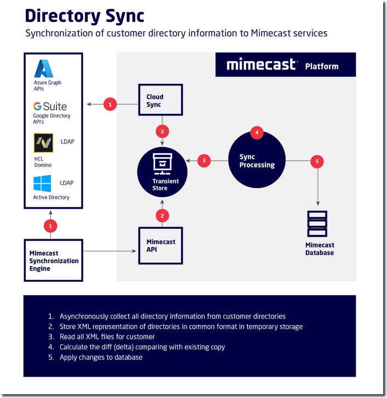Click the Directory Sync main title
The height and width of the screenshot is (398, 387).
84,15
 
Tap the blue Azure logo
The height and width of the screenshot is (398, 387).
44,68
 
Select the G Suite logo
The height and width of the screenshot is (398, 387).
50,106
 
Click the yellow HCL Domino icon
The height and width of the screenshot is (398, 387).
43,143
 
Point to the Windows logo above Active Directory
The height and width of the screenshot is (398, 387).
42,183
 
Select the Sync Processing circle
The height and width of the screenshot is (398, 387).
257,160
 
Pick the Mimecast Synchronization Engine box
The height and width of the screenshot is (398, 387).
53,261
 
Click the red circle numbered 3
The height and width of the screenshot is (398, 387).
204,160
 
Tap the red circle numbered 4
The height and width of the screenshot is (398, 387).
257,132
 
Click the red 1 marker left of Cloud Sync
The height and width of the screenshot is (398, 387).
110,103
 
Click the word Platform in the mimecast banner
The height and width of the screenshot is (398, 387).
322,66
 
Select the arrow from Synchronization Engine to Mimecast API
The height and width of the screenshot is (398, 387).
109,251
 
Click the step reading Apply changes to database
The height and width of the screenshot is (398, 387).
96,357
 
